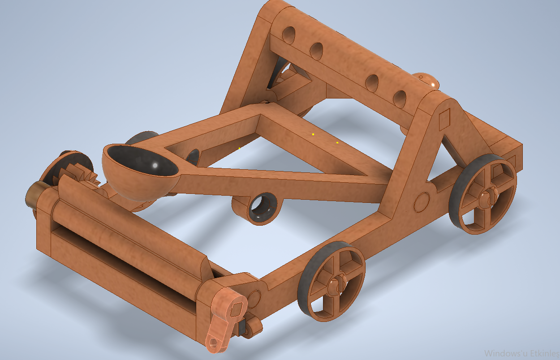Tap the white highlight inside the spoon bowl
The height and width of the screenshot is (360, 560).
pos(155,165)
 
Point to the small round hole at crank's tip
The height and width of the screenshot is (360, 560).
pos(214,343)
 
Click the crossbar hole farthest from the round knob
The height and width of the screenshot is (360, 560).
pos(289,34)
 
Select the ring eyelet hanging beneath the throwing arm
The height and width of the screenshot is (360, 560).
pos(263,208)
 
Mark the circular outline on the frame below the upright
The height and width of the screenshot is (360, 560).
pos(422,202)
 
